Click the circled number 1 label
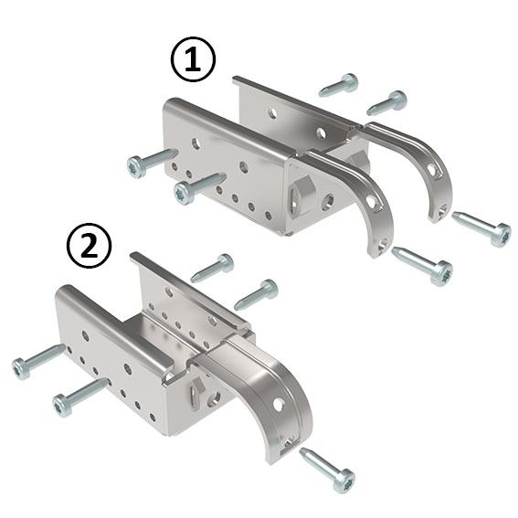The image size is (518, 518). (x=193, y=61)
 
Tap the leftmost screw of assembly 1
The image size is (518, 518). (x=152, y=163)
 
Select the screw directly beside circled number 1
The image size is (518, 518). (x=339, y=86)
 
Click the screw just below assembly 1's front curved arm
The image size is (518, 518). (x=423, y=264)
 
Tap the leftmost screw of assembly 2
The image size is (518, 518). (x=37, y=361)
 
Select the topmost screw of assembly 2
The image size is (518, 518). (x=212, y=268)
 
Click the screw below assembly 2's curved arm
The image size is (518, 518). (x=327, y=469)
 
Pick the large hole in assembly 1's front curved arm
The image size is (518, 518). (x=372, y=203)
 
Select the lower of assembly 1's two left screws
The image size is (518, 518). (x=199, y=187)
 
